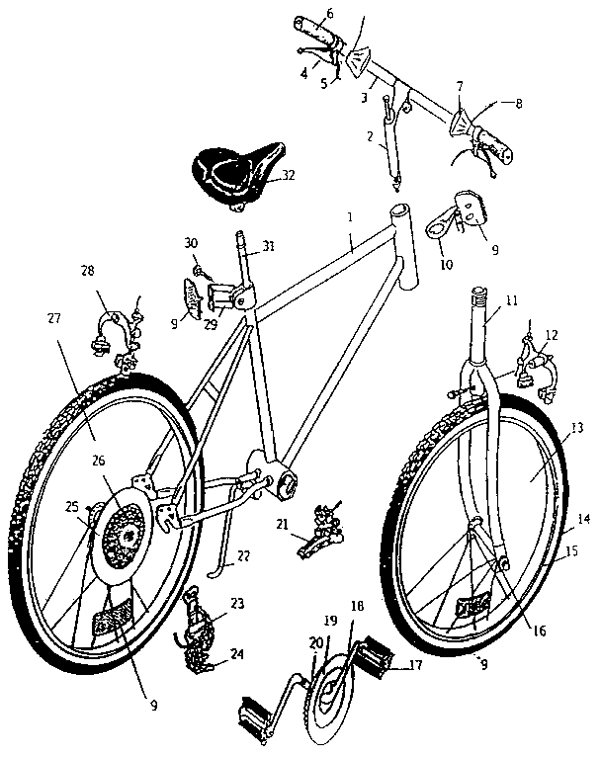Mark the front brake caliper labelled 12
click(x=534, y=371)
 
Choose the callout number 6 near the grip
click(x=301, y=13)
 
